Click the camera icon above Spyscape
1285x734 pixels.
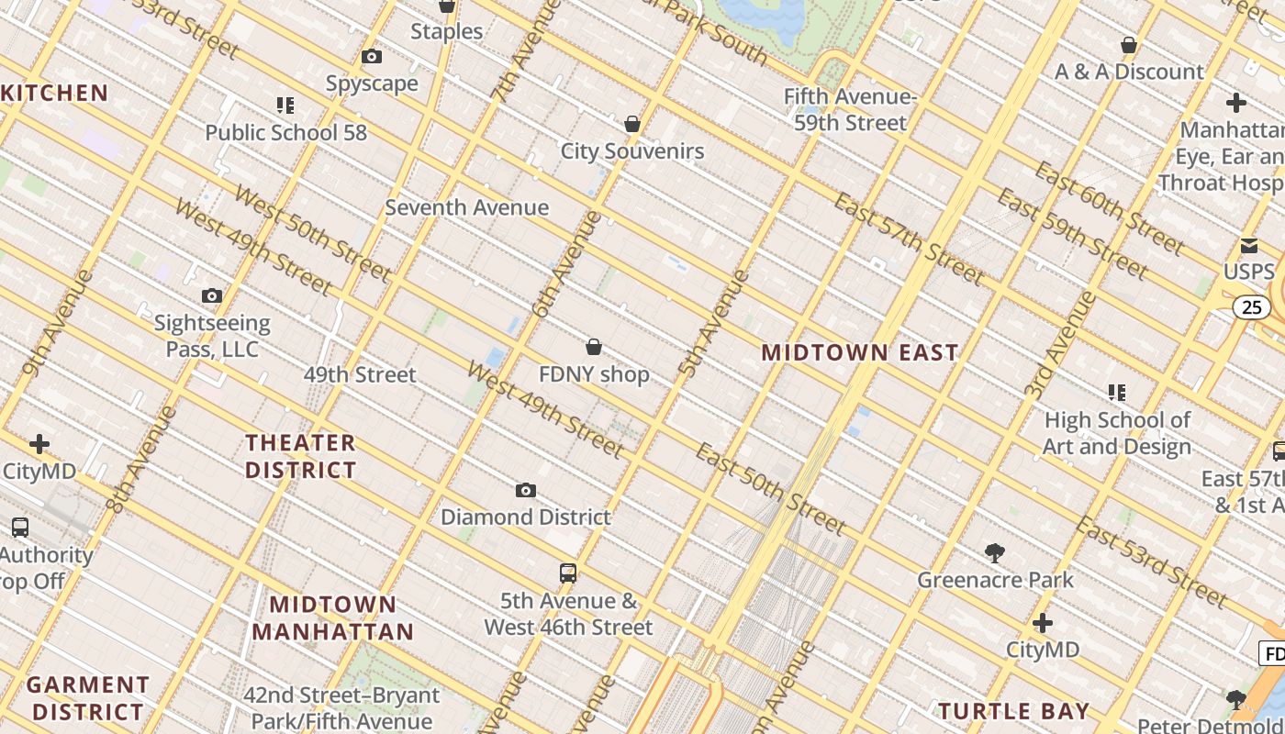[372, 57]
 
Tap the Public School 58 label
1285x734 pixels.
[285, 132]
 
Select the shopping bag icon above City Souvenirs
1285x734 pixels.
[631, 124]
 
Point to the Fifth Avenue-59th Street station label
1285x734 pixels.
[850, 110]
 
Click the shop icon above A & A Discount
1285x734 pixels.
[1129, 45]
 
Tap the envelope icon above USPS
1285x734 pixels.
[1249, 245]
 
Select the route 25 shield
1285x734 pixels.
[1252, 307]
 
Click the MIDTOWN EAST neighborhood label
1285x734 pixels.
[860, 352]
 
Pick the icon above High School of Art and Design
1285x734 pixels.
[1117, 393]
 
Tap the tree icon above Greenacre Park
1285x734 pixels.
[995, 552]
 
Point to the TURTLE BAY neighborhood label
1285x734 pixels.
[1014, 711]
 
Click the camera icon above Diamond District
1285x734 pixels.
[525, 491]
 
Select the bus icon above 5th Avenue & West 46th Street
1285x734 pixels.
[568, 573]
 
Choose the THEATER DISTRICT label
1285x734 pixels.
[300, 456]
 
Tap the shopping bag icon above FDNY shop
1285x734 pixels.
[594, 347]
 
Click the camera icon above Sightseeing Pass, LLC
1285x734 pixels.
[212, 295]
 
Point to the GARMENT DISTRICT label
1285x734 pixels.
[87, 698]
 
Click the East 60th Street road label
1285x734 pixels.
[1109, 208]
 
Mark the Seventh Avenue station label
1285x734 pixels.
[466, 207]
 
